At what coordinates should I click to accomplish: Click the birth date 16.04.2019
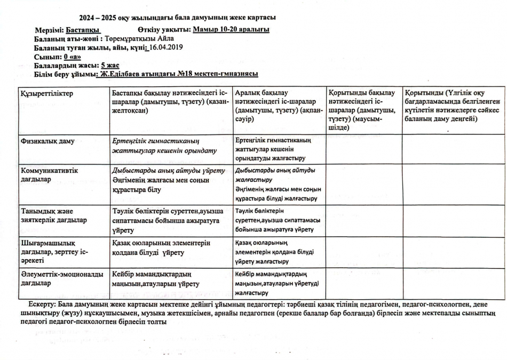tap(166, 47)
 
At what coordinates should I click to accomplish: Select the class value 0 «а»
tap(72, 57)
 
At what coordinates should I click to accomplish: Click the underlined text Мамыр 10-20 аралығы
tap(231, 29)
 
